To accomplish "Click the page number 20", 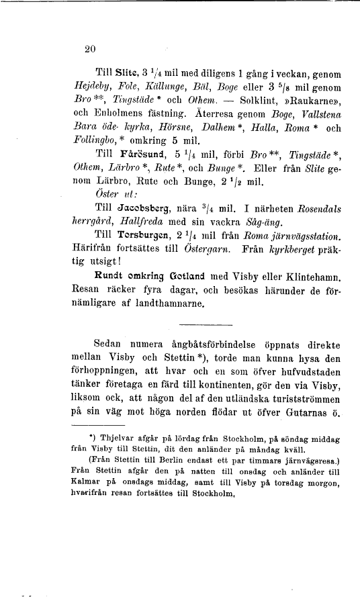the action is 92,48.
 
